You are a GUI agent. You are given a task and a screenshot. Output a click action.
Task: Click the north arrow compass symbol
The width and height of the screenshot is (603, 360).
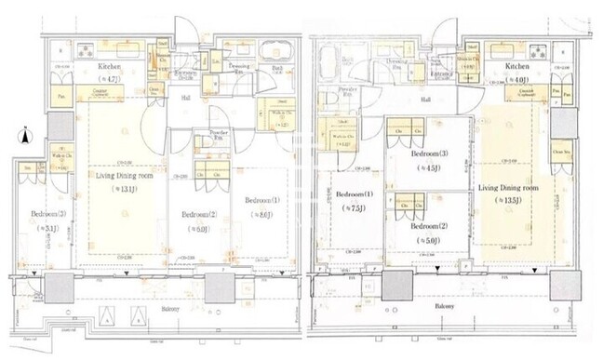pos(23,139)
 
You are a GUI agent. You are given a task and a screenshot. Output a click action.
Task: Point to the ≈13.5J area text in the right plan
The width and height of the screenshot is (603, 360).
pos(507,199)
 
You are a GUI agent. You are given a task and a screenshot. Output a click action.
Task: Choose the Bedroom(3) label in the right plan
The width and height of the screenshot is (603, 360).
pos(429,154)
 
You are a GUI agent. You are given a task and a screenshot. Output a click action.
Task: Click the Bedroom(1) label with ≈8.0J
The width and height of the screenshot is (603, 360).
pos(261,200)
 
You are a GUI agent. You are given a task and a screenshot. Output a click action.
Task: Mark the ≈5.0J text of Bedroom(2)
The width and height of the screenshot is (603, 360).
pos(429,239)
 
